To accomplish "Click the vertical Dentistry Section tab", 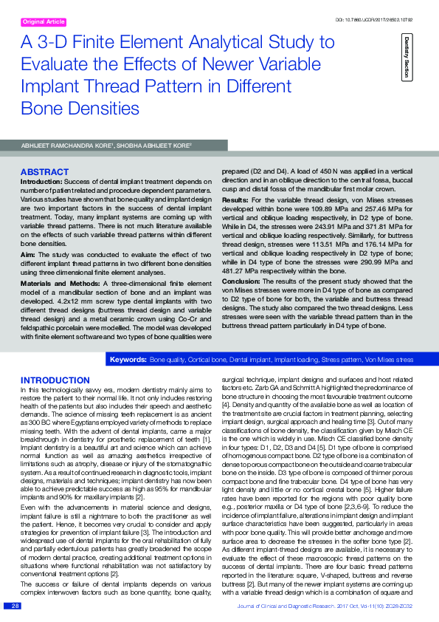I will click(407, 57).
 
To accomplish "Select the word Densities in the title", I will click(103, 109).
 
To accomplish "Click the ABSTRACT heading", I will click(44, 172).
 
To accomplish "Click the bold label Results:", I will click(235, 200).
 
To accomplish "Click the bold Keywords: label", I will click(127, 359).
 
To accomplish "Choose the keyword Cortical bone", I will click(207, 359).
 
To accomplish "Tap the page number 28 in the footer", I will click(13, 606).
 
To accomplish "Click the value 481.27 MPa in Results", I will click(240, 271).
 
